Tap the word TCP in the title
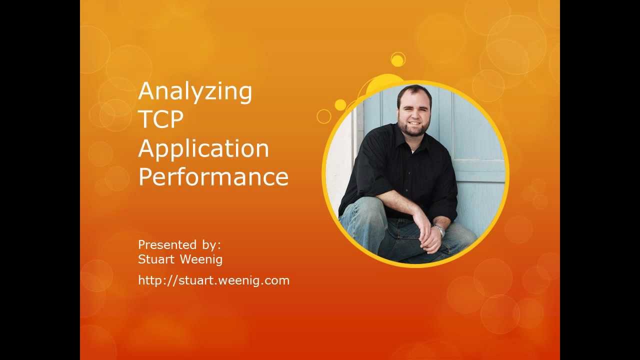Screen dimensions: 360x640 [160, 119]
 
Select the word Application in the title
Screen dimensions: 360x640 [203, 149]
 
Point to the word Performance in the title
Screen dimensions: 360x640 [213, 176]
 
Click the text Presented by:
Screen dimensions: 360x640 [179, 245]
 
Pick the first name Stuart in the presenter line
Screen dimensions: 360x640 [156, 259]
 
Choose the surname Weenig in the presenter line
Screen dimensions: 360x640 [200, 259]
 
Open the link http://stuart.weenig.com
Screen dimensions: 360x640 [213, 280]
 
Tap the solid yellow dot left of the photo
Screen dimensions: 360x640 [340, 105]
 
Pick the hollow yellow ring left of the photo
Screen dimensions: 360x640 [324, 116]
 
